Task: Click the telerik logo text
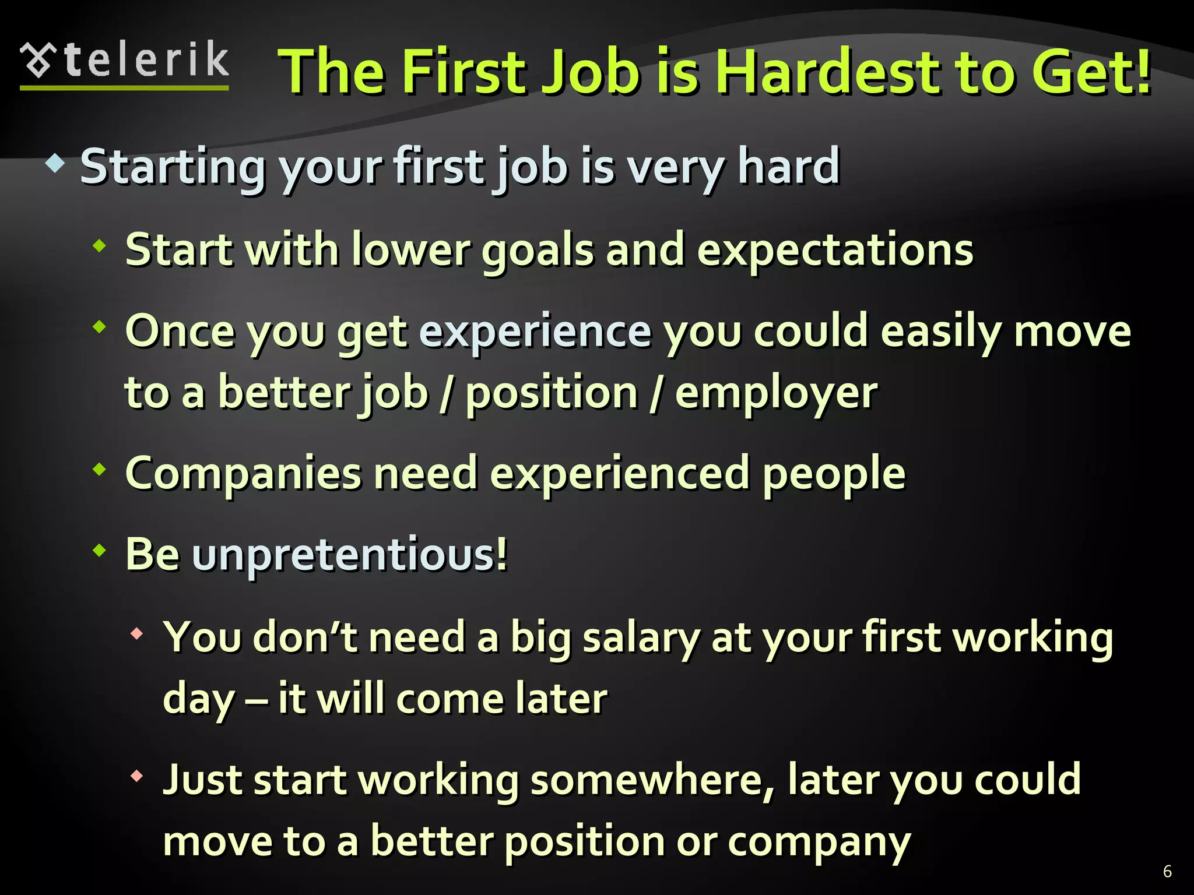click(x=146, y=59)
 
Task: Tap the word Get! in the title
click(x=1090, y=72)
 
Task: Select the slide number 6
click(x=1167, y=871)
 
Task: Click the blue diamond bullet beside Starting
click(x=55, y=164)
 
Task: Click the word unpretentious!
click(x=350, y=554)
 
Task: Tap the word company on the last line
click(x=819, y=843)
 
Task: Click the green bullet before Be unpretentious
click(x=100, y=549)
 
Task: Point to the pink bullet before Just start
click(x=137, y=776)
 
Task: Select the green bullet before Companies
click(x=100, y=468)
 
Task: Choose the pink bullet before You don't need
click(x=137, y=633)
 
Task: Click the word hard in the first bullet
click(x=788, y=167)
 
